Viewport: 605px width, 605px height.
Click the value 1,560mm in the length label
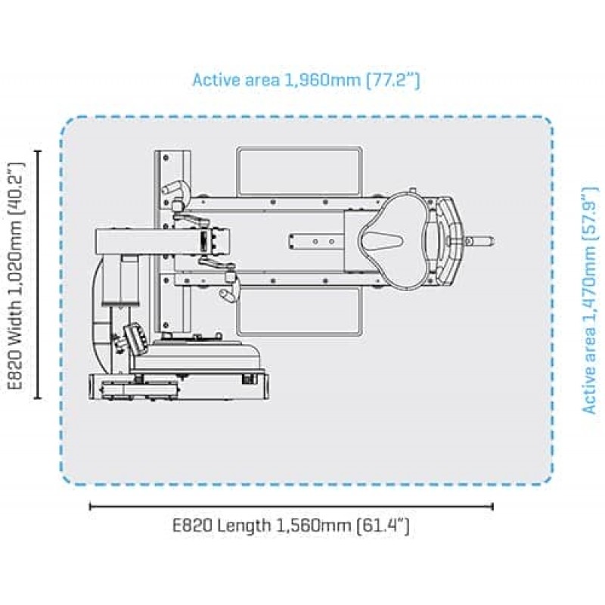313,526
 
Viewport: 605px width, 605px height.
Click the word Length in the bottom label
243,526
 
